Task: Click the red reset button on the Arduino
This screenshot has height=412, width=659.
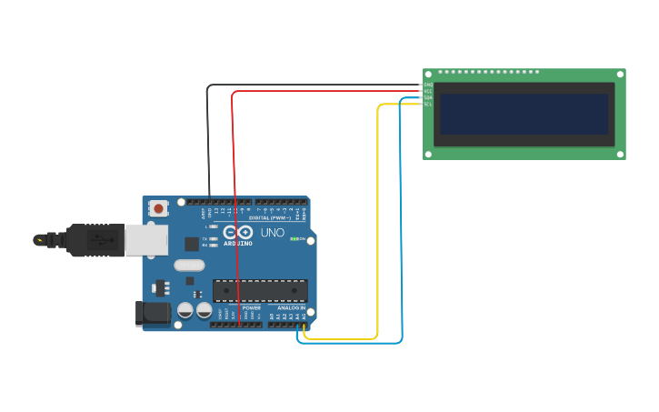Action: click(159, 208)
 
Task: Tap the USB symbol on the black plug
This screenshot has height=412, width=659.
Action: click(95, 240)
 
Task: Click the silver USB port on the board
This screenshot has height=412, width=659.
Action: click(145, 240)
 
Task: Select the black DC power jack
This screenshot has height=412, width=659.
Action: click(152, 313)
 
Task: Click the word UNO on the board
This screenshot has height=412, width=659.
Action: click(273, 233)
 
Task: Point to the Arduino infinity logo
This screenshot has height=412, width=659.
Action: click(238, 233)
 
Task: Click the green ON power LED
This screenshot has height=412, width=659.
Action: click(295, 238)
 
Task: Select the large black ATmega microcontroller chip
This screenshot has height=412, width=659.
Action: click(260, 290)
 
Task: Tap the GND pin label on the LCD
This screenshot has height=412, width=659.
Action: click(428, 85)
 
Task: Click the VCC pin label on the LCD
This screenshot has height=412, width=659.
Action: click(428, 92)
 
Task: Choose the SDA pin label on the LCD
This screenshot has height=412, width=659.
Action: click(428, 98)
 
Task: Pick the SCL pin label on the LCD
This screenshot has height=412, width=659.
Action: click(428, 105)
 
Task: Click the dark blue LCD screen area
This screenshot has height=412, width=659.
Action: click(524, 114)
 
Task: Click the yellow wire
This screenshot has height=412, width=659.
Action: click(377, 227)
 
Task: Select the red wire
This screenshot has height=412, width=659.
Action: click(235, 182)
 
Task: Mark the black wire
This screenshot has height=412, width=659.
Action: click(208, 136)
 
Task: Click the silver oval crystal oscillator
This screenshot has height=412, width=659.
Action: click(188, 266)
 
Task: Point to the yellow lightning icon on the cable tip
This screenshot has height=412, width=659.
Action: click(39, 240)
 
